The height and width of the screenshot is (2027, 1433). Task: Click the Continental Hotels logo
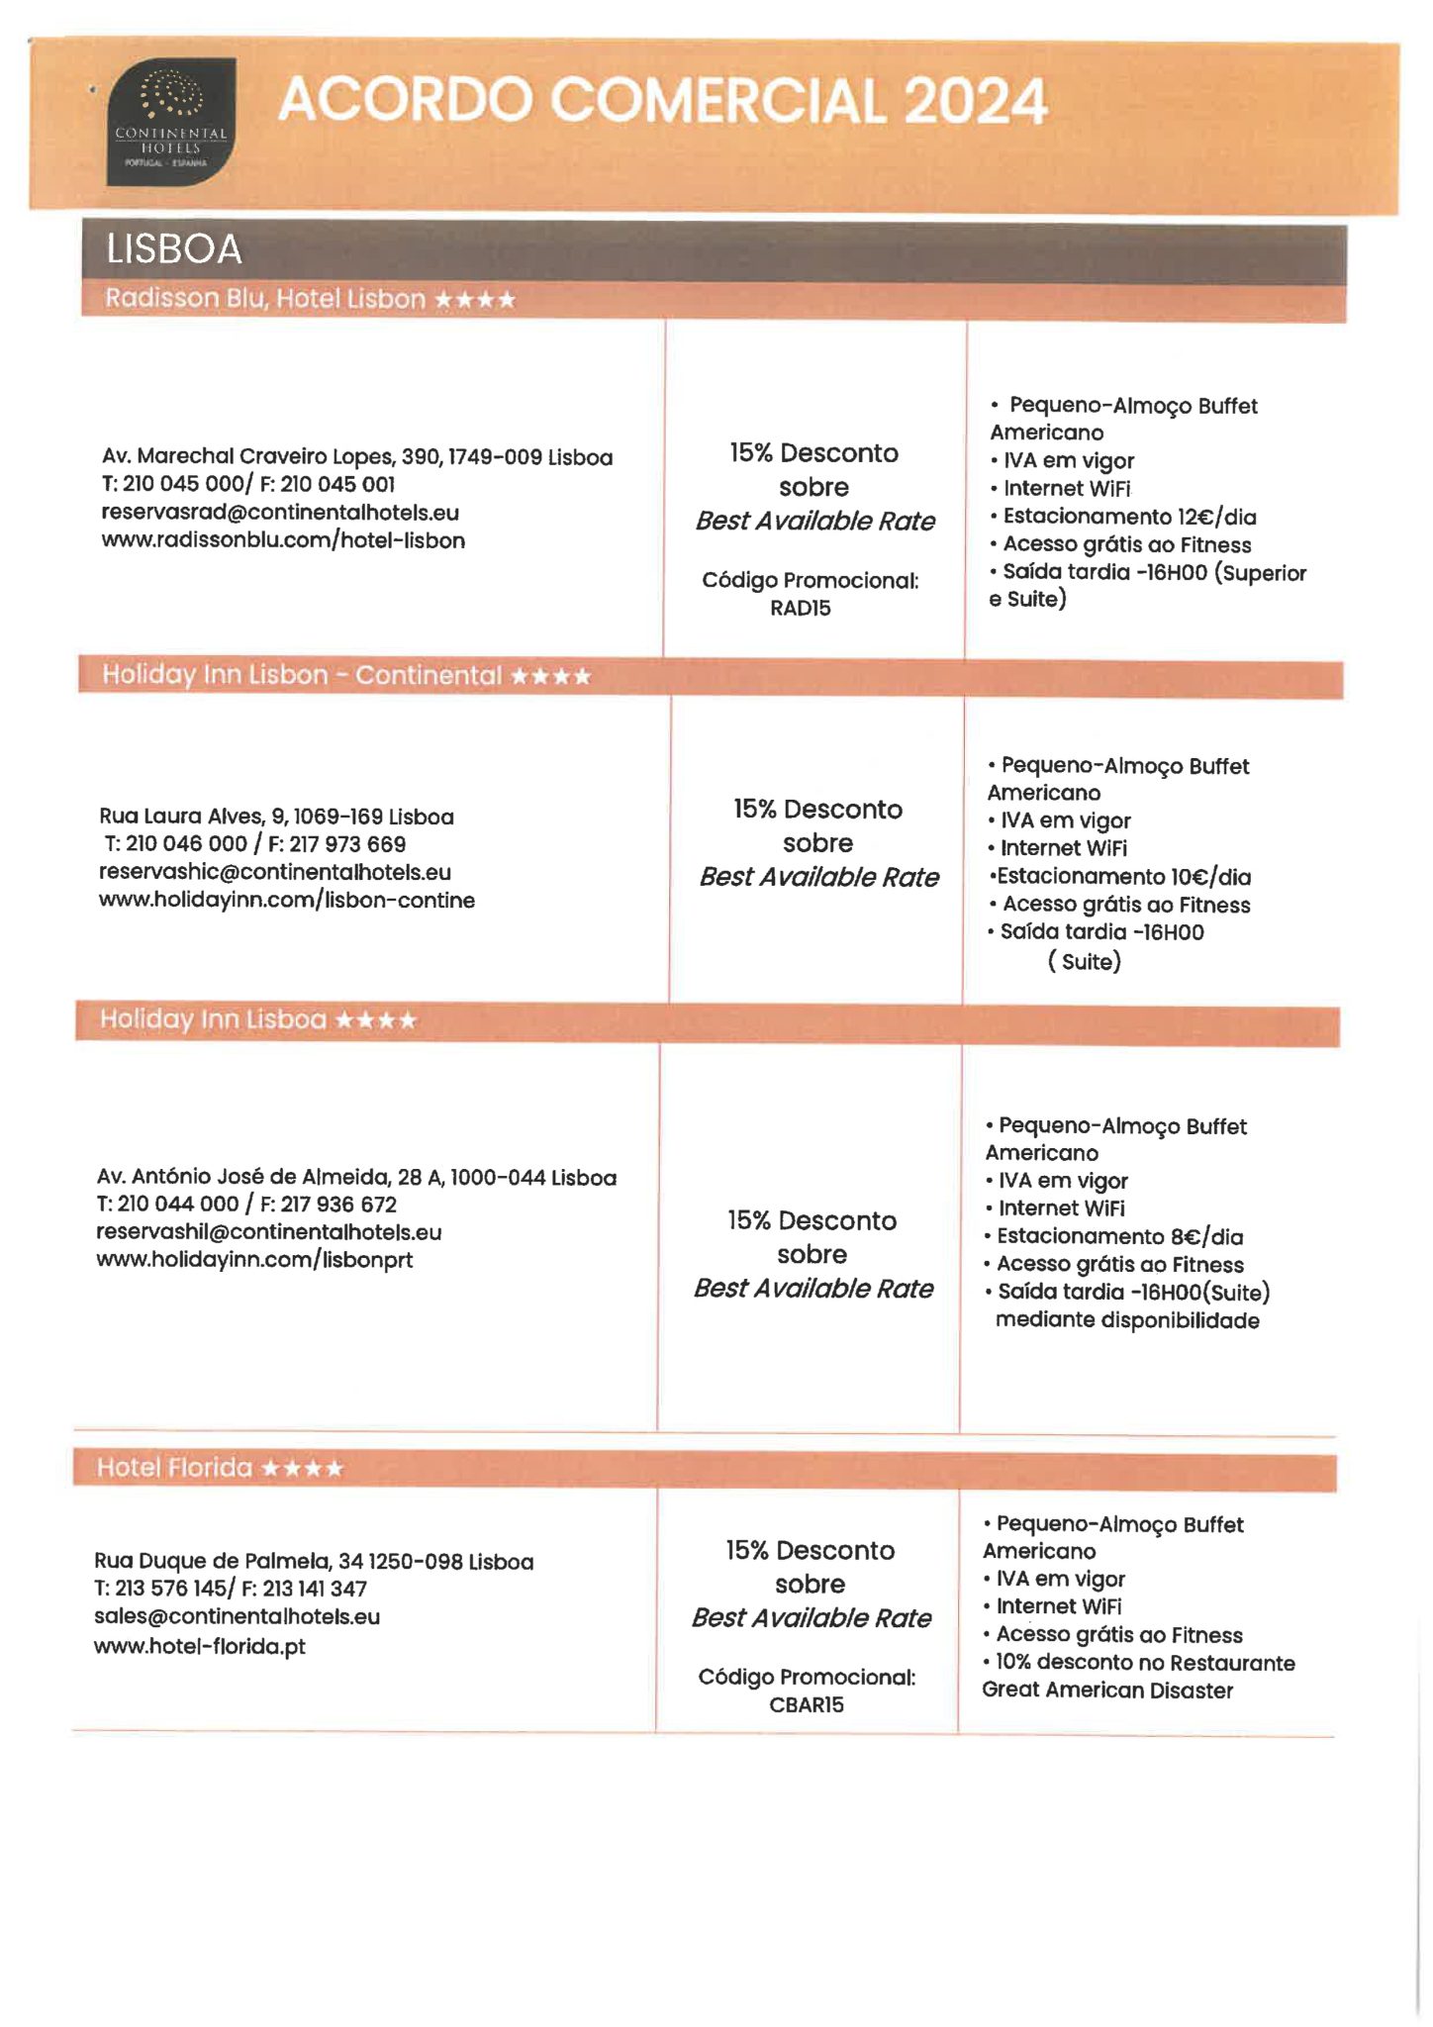click(170, 122)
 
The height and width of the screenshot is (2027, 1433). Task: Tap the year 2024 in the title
click(974, 101)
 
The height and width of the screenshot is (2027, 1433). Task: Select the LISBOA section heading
click(174, 249)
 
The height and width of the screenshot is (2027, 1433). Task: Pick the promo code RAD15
click(801, 609)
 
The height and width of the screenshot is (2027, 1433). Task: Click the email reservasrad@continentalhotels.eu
click(280, 513)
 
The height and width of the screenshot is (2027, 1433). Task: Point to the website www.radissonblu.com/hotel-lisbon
click(283, 540)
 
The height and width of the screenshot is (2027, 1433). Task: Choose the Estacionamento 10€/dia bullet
click(1123, 877)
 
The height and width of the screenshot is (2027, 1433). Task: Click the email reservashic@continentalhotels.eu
click(275, 872)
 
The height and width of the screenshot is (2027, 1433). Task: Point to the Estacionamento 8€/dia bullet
click(1119, 1236)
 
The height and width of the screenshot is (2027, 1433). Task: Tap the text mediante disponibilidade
click(1127, 1320)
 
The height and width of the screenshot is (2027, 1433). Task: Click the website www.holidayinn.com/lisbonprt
click(254, 1260)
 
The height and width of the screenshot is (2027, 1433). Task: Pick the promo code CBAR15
click(807, 1704)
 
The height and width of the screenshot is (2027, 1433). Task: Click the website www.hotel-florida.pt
click(200, 1647)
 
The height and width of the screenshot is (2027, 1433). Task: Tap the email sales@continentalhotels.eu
click(237, 1617)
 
